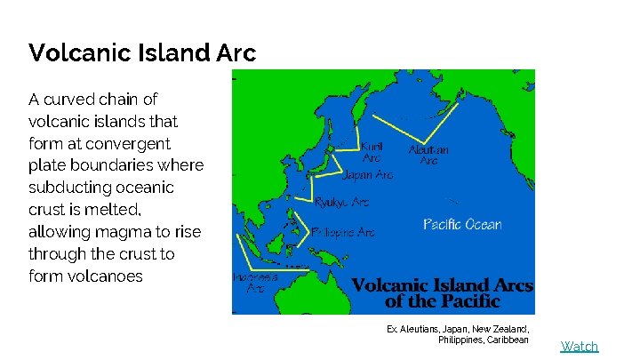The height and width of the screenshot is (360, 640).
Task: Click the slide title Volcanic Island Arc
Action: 142,53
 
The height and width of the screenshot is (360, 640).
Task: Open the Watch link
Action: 579,346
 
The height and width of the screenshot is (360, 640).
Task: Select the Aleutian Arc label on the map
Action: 428,155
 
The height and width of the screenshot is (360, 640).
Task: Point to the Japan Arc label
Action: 367,175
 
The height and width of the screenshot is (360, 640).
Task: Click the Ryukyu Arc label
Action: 341,203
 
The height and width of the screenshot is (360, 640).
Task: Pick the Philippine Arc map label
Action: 343,232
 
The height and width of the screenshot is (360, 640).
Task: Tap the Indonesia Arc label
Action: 255,282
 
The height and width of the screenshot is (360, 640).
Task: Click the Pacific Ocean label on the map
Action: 461,224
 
